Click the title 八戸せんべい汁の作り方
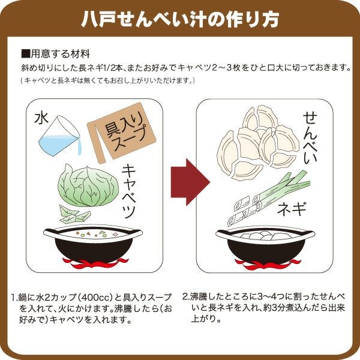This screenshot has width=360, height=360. tap(180, 19)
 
